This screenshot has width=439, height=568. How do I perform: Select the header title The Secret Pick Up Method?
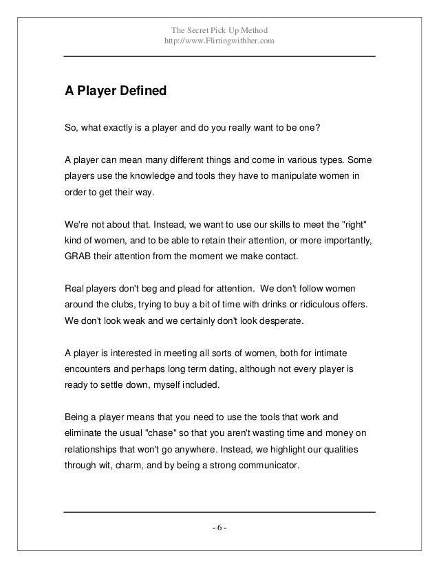tap(219, 30)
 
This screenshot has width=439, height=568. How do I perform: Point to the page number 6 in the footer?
tap(219, 527)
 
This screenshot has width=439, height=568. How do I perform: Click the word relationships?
tap(94, 450)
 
